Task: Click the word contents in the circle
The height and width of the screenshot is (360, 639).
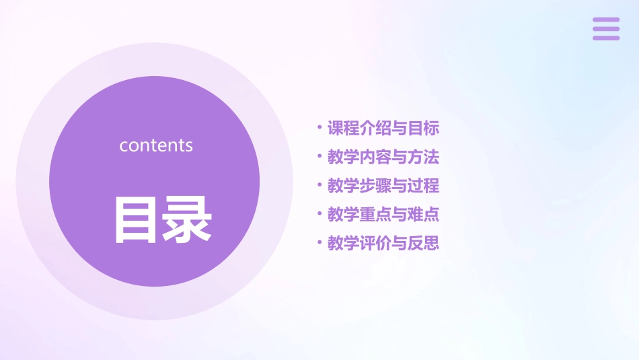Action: click(156, 145)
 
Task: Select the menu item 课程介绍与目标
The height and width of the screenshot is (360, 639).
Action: click(383, 128)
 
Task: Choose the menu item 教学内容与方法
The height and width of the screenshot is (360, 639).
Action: click(383, 157)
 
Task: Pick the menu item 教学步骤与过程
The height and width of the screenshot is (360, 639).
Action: click(383, 186)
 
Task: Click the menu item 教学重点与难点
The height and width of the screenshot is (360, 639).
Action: click(383, 215)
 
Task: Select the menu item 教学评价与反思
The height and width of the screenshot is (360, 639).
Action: click(383, 243)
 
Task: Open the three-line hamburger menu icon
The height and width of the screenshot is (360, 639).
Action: click(606, 29)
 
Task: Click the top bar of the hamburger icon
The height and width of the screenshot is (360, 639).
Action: click(606, 20)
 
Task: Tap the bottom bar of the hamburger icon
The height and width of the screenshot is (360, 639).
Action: click(606, 38)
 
